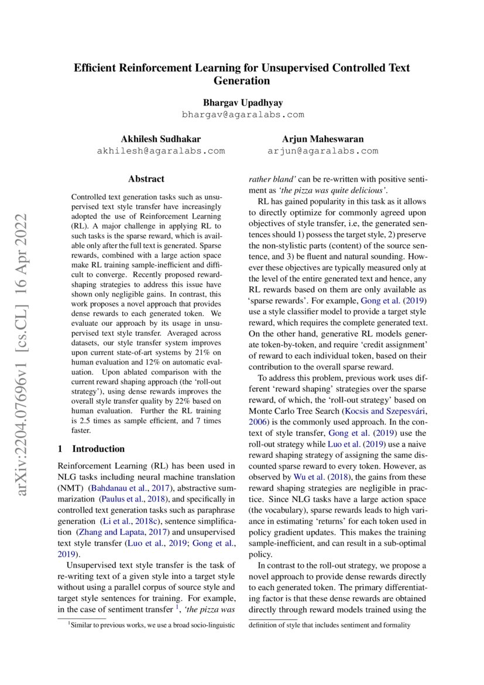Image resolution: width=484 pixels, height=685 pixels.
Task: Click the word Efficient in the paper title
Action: [96, 68]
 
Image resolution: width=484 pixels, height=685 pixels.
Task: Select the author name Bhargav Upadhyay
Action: [242, 102]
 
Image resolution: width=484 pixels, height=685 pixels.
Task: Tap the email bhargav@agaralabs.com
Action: [242, 114]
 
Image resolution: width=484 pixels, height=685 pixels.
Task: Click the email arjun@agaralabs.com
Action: [322, 151]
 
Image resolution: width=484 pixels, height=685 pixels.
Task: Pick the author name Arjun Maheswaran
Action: [322, 139]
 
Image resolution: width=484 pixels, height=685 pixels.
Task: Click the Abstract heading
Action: [146, 179]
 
